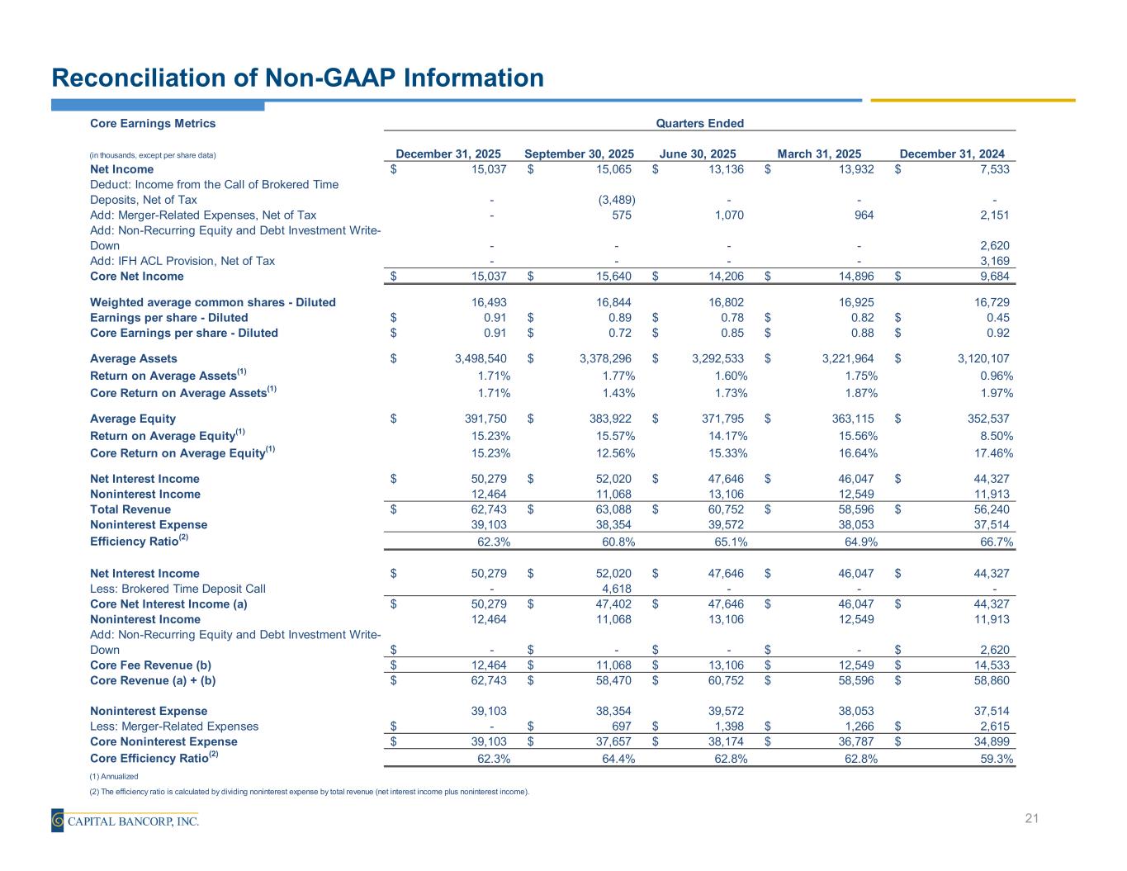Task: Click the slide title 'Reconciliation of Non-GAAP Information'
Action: [297, 78]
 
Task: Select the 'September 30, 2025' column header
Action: [579, 154]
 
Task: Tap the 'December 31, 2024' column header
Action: [951, 154]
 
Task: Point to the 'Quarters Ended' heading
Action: [699, 124]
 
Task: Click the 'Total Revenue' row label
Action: [130, 509]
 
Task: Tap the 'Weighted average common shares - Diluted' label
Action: [212, 302]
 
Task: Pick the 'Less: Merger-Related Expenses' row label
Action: [174, 727]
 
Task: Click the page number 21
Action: [1031, 818]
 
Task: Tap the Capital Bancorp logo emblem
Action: [58, 820]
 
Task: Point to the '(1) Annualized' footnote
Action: [113, 776]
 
